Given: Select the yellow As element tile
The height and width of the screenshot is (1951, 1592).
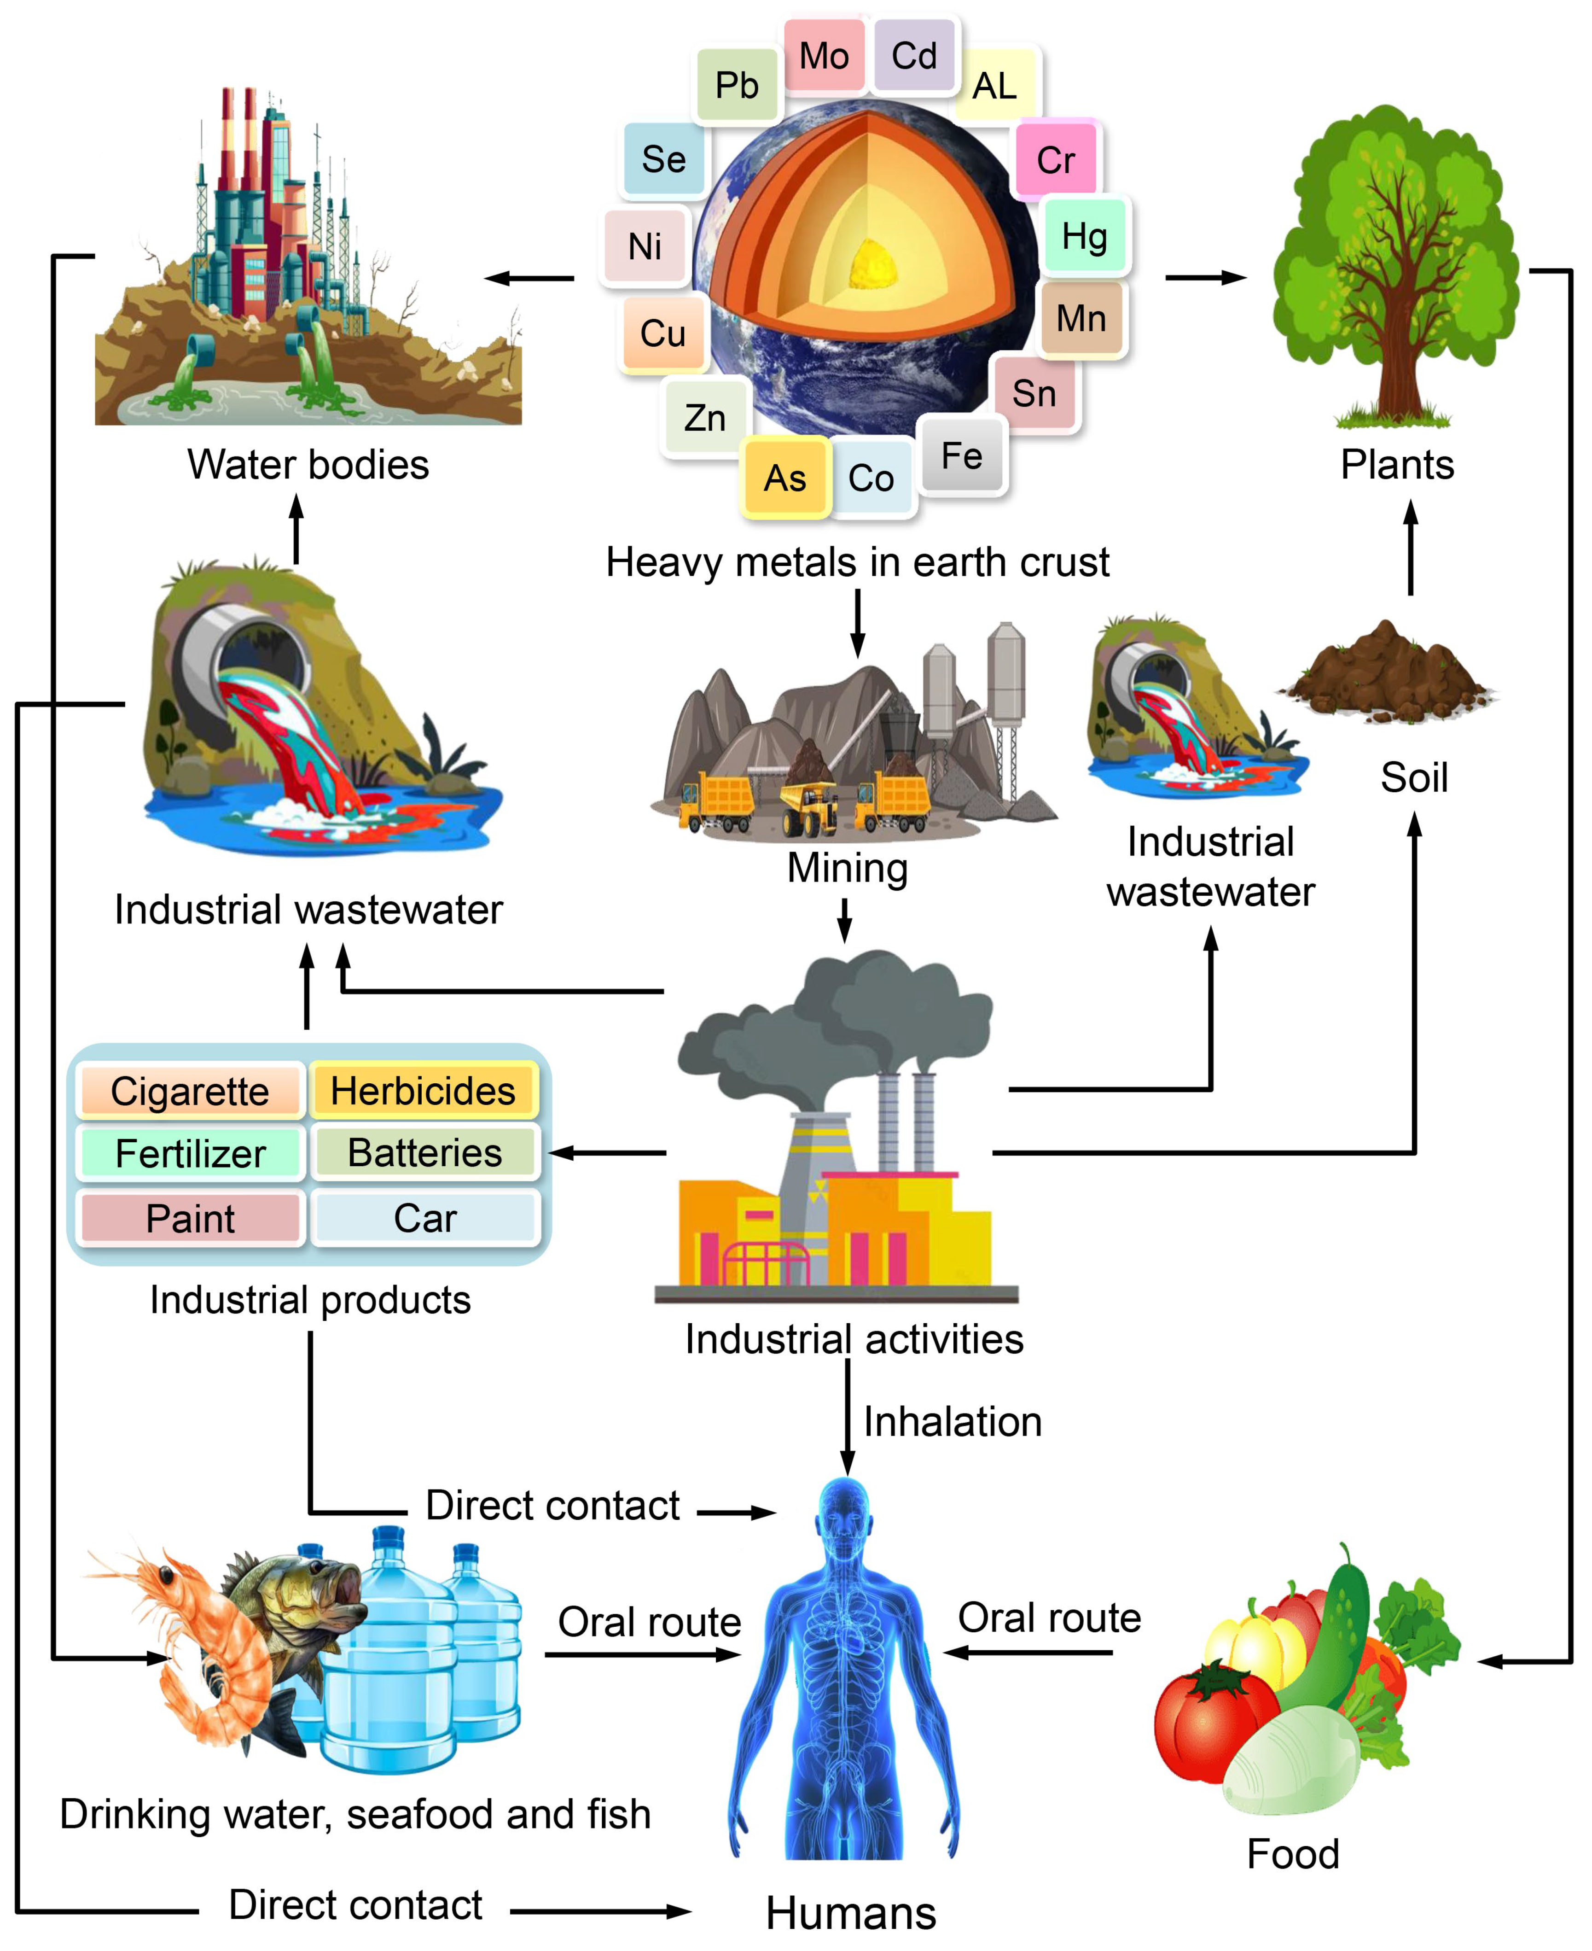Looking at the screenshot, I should pos(785,478).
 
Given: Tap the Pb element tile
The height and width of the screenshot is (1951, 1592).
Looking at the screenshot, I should pos(737,85).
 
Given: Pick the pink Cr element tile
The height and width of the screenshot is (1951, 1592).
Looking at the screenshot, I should pos(1056,160).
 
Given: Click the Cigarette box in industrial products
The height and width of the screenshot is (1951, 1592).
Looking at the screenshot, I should pos(190,1091).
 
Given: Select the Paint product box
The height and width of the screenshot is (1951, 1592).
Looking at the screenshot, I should pos(190,1218).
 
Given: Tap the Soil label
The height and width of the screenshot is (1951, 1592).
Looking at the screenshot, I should pos(1413,778).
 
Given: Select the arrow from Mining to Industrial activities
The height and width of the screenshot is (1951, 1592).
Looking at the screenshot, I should pos(845,920).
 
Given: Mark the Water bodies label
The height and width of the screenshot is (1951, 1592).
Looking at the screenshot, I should pos(308,464).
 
